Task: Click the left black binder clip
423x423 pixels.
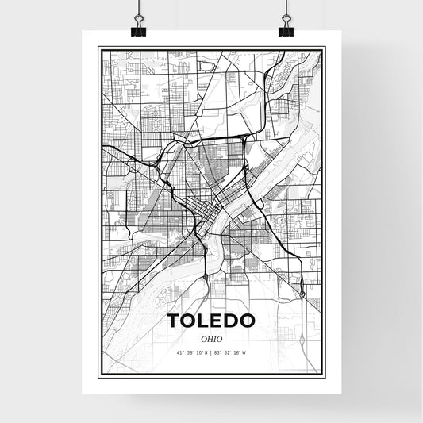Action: coord(139,30)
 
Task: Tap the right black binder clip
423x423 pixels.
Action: coord(286,30)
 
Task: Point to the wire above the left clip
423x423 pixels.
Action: coord(139,10)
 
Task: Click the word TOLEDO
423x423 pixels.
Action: coord(211,321)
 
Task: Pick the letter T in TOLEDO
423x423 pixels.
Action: coord(173,321)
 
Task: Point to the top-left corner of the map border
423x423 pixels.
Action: coord(98,48)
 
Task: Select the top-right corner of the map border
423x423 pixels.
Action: coord(324,48)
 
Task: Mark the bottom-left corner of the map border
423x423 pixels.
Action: coord(98,374)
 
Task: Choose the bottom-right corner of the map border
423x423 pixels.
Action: coord(324,374)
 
